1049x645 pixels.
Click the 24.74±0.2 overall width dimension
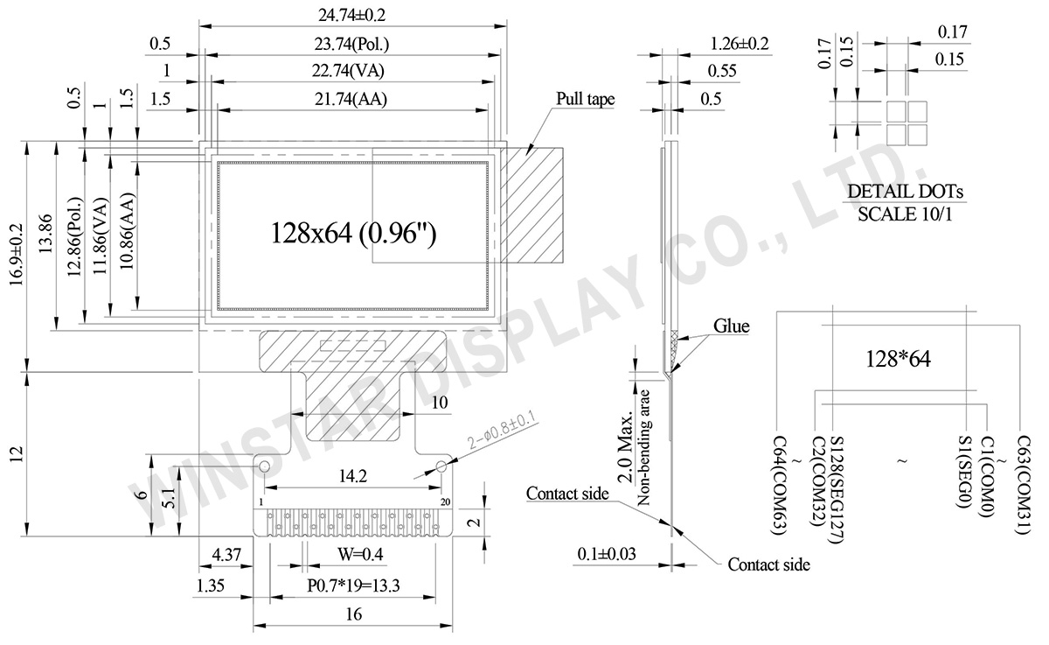[354, 15]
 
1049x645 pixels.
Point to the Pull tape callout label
[585, 99]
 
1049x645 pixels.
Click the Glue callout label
[732, 326]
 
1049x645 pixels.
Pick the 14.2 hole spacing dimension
[350, 477]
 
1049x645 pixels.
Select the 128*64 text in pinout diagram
[900, 358]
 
